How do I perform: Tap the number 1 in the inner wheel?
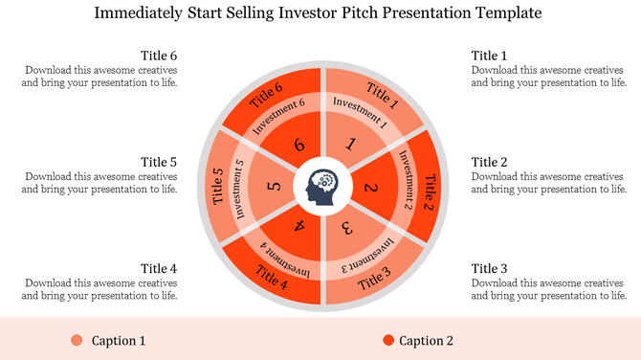[x=351, y=145]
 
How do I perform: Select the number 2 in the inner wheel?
[x=371, y=189]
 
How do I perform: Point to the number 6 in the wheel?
[x=299, y=145]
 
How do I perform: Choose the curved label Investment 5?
[x=241, y=188]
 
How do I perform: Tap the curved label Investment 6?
[x=278, y=117]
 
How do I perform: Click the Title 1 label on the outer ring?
[x=380, y=94]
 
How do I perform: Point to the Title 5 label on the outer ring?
[x=218, y=187]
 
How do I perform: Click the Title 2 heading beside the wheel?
[x=489, y=162]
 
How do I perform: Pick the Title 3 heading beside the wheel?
[x=489, y=268]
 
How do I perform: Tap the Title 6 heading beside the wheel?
[x=159, y=56]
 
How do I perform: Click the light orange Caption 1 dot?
[x=77, y=341]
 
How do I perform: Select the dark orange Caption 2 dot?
[x=387, y=341]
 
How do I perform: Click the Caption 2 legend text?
[x=426, y=341]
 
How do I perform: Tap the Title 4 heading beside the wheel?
[x=159, y=268]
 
